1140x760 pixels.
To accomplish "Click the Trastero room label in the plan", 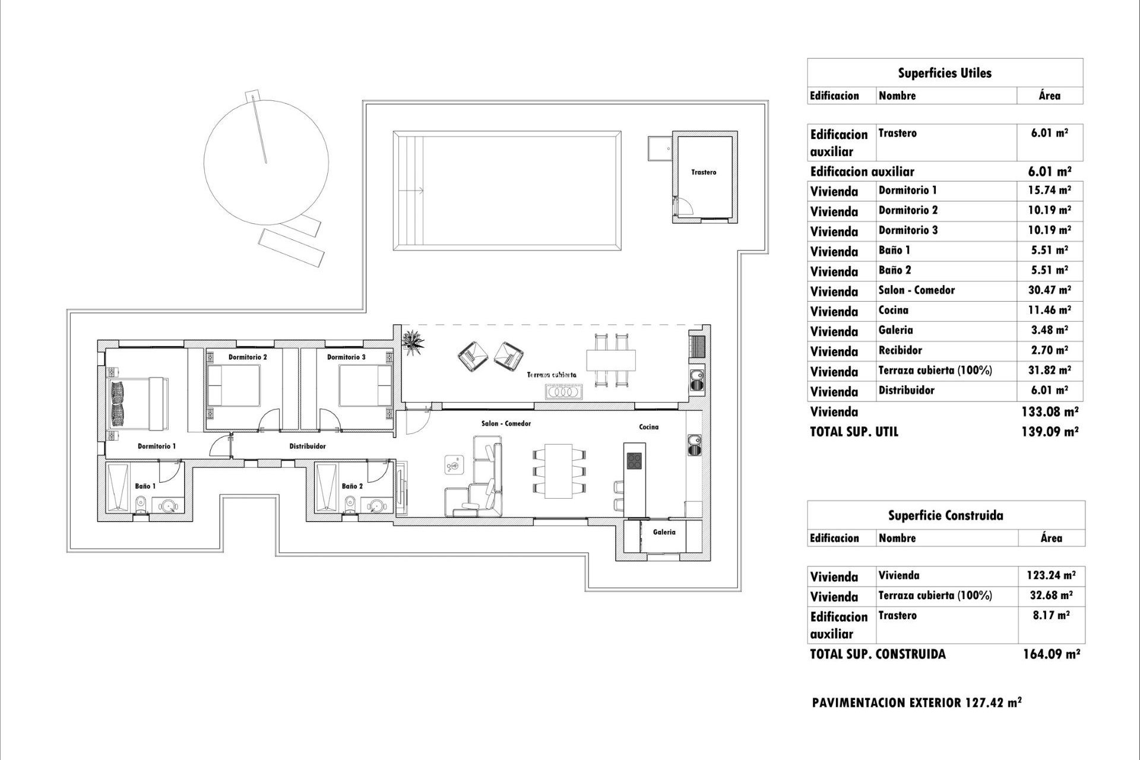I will (x=704, y=172).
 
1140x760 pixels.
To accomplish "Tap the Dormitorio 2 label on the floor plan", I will (x=248, y=357).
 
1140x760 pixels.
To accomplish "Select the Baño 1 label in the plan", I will (x=145, y=486).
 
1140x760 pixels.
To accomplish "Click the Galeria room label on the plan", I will (x=664, y=533).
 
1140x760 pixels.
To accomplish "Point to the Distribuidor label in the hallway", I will (x=307, y=446).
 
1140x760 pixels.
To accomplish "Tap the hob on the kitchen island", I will (x=634, y=461).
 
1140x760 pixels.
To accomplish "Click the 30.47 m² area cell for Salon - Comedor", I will (x=1050, y=290).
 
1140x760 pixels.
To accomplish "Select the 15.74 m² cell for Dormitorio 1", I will (x=1050, y=191).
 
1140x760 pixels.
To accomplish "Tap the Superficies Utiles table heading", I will (x=945, y=74).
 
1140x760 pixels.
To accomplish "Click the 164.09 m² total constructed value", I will (x=1051, y=654).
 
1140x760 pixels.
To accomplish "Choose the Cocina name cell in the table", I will (x=894, y=311).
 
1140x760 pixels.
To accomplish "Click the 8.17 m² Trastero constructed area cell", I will (x=1051, y=616).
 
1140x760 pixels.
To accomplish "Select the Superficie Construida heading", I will (x=945, y=515).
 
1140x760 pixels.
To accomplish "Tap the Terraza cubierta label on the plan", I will (x=552, y=375).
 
